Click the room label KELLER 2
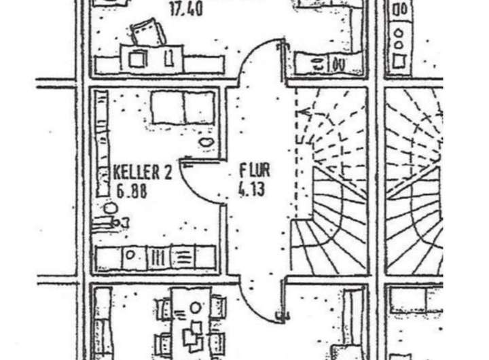tap(143, 172)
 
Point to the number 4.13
tap(251, 190)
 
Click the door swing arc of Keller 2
tap(194, 187)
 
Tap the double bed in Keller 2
tap(182, 107)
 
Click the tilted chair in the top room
tap(146, 32)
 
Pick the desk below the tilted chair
tap(151, 58)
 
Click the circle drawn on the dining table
tap(196, 308)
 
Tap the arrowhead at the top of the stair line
tap(303, 110)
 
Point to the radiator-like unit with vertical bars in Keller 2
tap(156, 258)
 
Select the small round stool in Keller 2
tap(110, 206)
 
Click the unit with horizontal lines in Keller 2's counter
tap(182, 258)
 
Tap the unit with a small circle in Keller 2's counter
tap(133, 258)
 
